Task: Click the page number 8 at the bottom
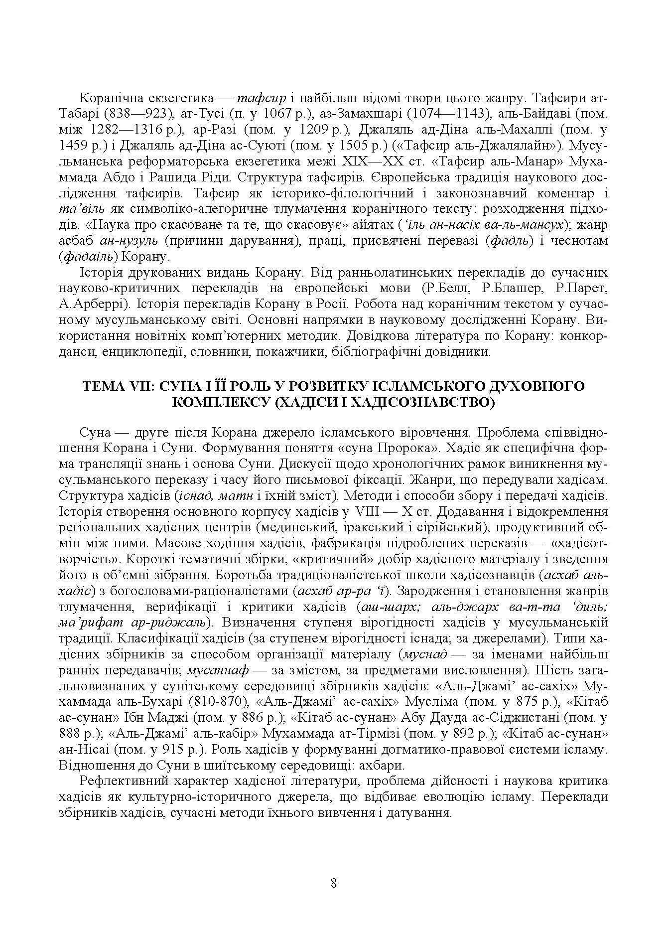click(x=333, y=884)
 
